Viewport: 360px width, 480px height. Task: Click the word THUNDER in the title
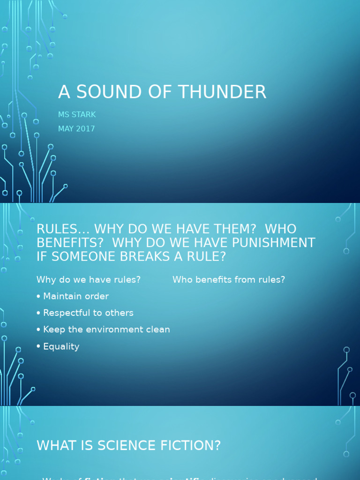(227, 92)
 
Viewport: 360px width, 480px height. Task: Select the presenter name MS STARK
(77, 115)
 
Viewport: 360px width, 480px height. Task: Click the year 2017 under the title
(85, 129)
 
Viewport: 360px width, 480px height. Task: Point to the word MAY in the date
(66, 129)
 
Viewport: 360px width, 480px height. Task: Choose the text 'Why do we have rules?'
(89, 280)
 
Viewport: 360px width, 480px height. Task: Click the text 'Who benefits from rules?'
(229, 280)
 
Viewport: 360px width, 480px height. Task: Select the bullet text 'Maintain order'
(76, 296)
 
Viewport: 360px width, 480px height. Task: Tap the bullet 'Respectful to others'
(88, 313)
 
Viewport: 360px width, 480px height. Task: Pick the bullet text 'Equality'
(61, 347)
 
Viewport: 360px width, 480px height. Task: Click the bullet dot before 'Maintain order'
(38, 297)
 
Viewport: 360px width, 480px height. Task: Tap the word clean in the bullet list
(158, 330)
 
